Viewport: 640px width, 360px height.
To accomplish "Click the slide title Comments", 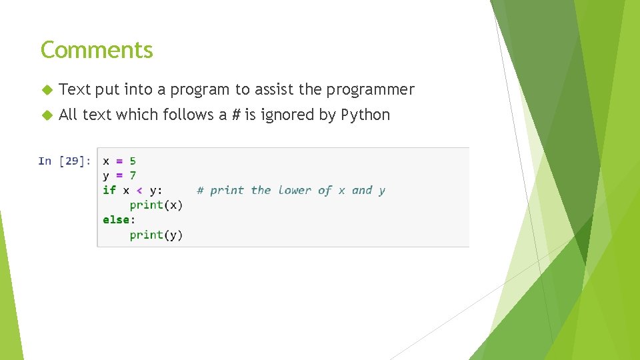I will pyautogui.click(x=97, y=50).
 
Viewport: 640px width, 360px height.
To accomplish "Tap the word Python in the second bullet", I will pyautogui.click(x=365, y=115).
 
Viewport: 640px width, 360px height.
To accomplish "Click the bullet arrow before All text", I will pyautogui.click(x=47, y=115).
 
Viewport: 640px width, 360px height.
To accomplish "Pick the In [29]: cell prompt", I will pyautogui.click(x=64, y=161).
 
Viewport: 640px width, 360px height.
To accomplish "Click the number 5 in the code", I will pyautogui.click(x=133, y=161).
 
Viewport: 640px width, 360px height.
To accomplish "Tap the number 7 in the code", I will pyautogui.click(x=133, y=175).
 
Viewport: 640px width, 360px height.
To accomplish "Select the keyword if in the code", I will pyautogui.click(x=109, y=190).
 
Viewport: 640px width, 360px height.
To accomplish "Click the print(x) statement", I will pyautogui.click(x=156, y=205).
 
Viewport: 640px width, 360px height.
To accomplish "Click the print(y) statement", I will pyautogui.click(x=156, y=235).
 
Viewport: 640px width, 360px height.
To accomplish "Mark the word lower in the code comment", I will pyautogui.click(x=295, y=190).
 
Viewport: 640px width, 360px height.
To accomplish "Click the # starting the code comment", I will pyautogui.click(x=200, y=190).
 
